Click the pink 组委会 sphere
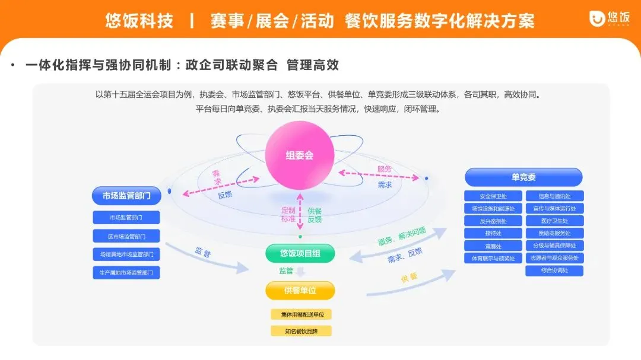point(300,155)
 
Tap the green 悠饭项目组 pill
point(300,253)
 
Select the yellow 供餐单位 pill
point(300,291)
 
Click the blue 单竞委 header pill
point(523,177)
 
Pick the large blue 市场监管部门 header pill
point(126,196)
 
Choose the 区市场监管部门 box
point(126,236)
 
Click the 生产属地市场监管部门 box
point(126,273)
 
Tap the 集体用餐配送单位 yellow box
point(301,314)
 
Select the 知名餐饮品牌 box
point(301,331)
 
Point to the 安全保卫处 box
point(493,196)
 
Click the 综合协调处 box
point(554,270)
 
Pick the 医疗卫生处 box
point(554,221)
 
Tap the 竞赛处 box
point(493,246)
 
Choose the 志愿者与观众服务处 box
point(554,258)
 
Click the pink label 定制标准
point(288,214)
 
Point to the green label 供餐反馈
point(314,214)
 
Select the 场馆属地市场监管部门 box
point(126,254)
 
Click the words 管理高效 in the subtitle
point(313,65)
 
